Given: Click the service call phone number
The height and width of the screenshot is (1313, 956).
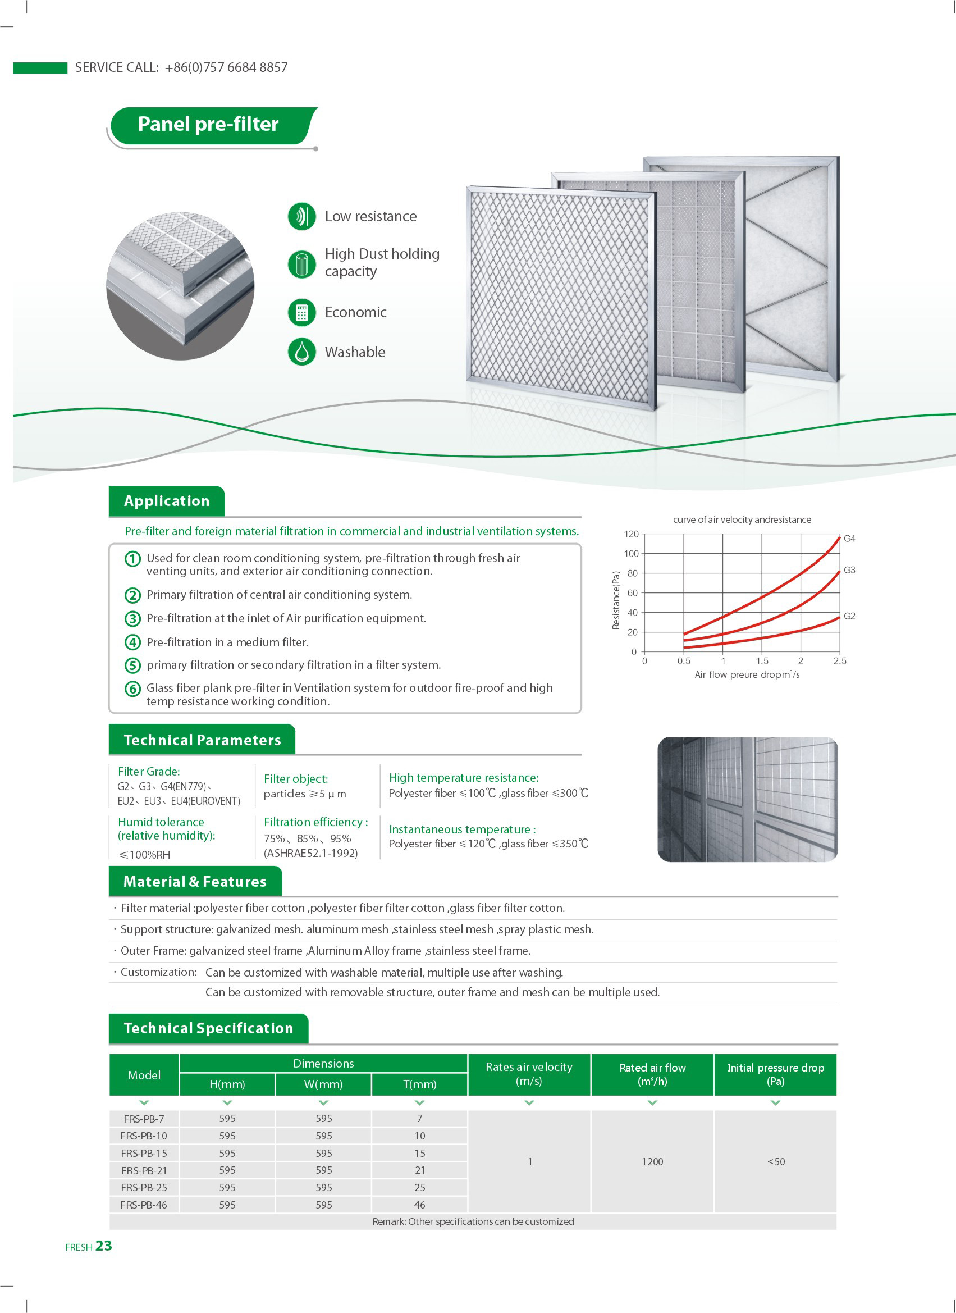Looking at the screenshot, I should click(226, 68).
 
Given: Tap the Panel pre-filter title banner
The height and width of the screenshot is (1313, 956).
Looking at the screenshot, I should click(208, 125).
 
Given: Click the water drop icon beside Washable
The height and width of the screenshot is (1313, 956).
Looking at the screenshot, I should click(301, 352).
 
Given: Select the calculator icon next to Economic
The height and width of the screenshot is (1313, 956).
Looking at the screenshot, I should click(301, 313).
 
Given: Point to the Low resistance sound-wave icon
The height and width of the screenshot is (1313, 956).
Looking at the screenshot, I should click(301, 217).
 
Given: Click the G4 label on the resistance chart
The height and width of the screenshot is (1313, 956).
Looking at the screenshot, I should click(849, 539).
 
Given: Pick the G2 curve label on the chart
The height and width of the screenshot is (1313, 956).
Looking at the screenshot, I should click(849, 616).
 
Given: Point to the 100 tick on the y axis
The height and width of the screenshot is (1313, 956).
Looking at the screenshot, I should click(632, 554).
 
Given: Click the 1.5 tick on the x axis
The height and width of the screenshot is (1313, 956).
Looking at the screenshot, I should click(762, 661).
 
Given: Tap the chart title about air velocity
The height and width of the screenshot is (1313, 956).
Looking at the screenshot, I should click(742, 520).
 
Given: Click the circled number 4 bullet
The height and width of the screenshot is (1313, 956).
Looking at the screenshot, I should click(133, 642).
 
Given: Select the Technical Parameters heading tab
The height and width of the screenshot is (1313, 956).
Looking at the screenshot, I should click(202, 740).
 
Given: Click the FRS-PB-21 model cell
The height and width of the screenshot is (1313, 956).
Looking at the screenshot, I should click(144, 1170).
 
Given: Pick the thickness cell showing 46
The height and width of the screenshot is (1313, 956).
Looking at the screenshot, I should click(419, 1205).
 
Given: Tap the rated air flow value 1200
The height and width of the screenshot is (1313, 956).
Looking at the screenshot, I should click(652, 1162).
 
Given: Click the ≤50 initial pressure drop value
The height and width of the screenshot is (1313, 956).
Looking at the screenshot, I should click(775, 1162).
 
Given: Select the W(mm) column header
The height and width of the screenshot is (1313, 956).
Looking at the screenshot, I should click(323, 1084).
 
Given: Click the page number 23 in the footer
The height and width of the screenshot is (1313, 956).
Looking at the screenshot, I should click(104, 1246).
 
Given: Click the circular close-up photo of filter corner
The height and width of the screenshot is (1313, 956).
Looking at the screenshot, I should click(181, 286).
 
